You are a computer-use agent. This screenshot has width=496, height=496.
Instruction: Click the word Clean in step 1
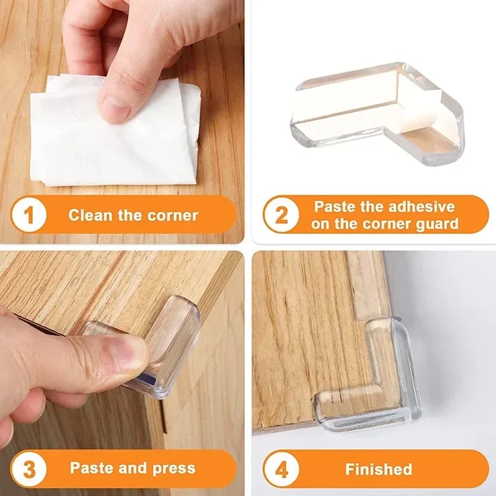click(91, 215)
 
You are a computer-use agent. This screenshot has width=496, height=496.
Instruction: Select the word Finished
click(378, 468)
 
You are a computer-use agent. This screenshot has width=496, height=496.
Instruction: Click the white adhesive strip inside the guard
click(349, 103)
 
